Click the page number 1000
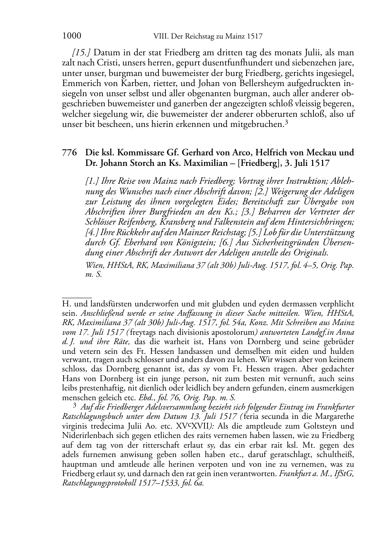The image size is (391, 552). coord(71,36)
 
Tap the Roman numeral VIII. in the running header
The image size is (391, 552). coord(157,37)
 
